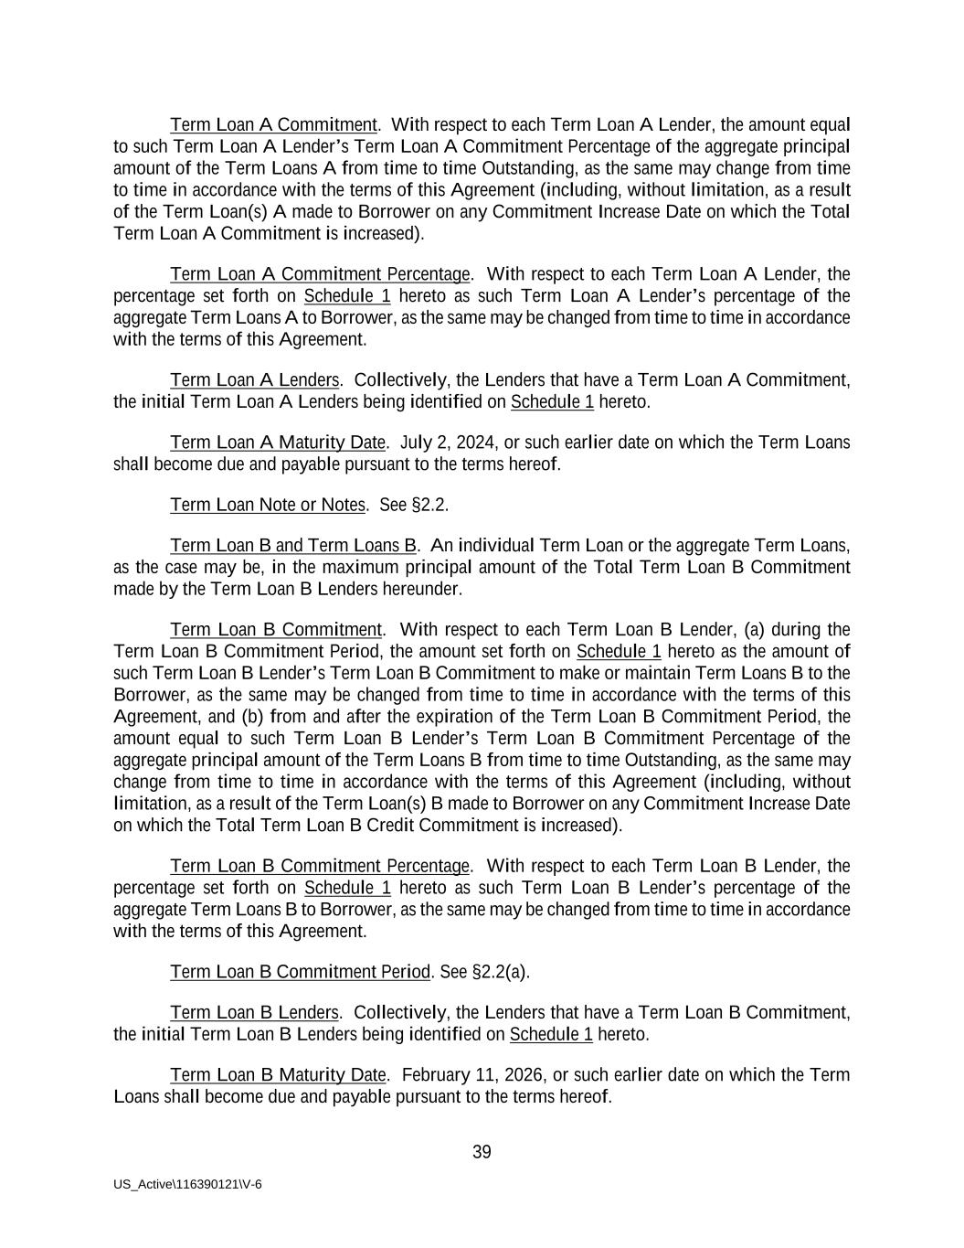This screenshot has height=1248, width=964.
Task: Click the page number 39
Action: pos(482,1152)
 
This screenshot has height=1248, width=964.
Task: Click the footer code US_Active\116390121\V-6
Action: pos(187,1184)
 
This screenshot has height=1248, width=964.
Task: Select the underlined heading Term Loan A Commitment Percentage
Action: pos(320,274)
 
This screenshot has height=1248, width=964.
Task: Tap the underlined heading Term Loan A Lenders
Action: pos(254,379)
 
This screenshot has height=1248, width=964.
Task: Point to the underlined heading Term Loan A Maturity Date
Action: pos(278,443)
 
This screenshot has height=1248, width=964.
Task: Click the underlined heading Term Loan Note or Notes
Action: pos(268,505)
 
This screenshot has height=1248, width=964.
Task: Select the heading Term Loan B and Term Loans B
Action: pos(293,546)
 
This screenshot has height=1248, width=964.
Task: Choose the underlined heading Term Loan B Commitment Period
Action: pos(300,972)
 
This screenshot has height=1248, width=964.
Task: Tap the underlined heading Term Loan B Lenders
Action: pos(254,1012)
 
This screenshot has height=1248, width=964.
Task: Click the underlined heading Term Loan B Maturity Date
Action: pos(278,1074)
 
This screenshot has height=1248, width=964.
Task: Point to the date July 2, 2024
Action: pos(448,443)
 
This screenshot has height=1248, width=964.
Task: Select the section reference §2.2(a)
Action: pos(501,972)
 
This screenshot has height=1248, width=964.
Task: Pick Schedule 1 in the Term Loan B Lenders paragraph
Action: pos(551,1034)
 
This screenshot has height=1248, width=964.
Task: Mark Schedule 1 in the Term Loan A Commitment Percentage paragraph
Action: pos(347,296)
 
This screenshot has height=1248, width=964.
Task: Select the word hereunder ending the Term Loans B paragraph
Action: pos(423,589)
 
